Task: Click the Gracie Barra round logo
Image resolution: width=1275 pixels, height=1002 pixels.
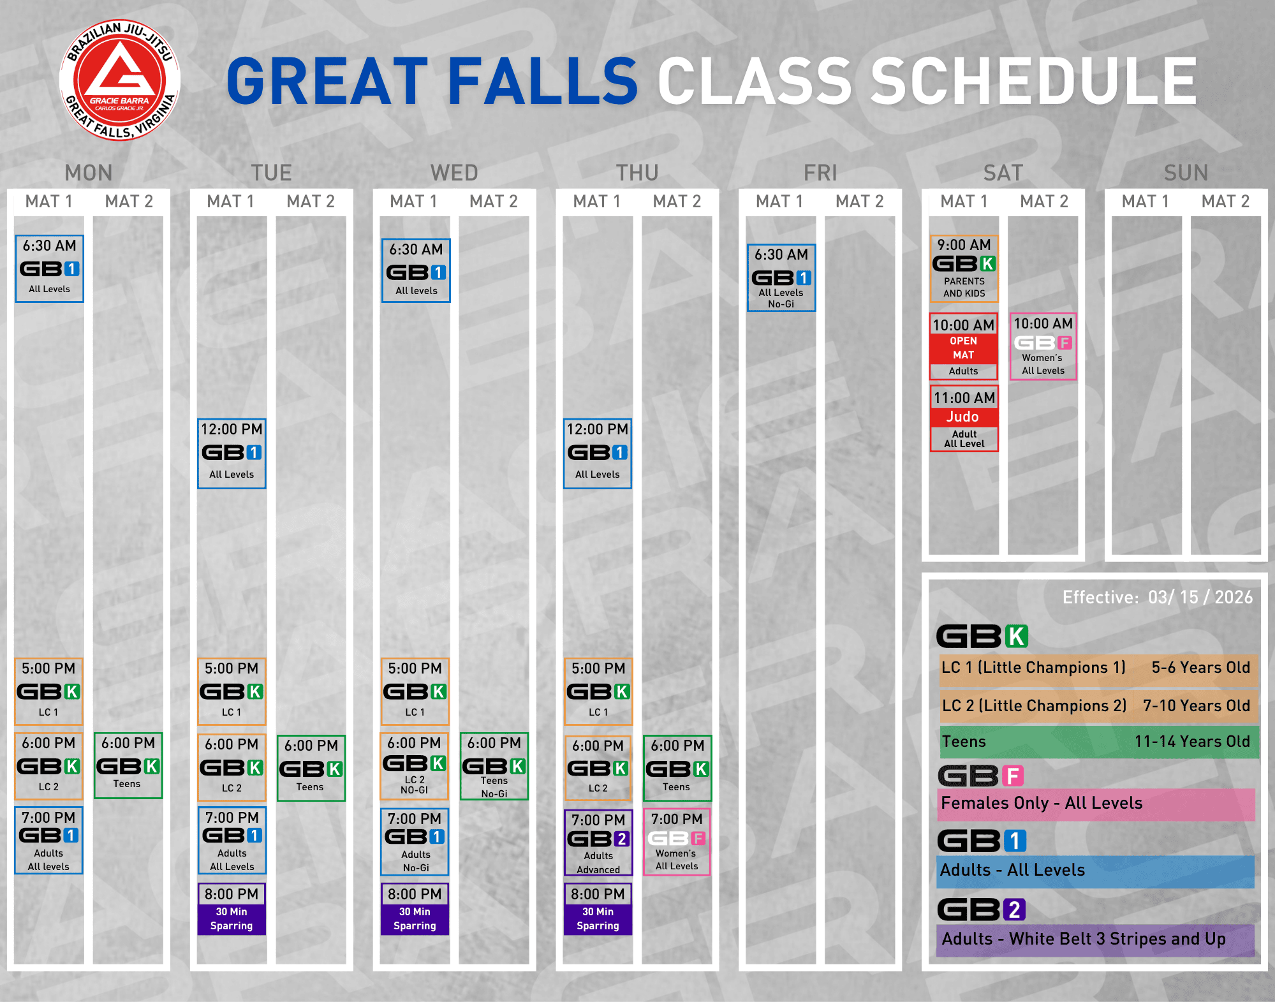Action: pos(120,80)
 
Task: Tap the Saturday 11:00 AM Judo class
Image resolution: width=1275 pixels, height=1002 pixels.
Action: pos(964,418)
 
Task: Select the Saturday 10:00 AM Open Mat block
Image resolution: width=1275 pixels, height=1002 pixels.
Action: pos(964,346)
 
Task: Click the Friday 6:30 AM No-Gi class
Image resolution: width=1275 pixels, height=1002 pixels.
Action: pos(781,277)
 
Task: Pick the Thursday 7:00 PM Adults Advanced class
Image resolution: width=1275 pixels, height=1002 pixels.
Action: pos(598,843)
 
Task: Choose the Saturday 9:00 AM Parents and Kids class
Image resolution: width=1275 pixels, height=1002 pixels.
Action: pos(964,269)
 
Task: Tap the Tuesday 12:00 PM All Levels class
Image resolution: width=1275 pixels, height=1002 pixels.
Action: pos(232,453)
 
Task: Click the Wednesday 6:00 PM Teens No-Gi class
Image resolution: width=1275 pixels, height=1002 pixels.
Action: pos(494,766)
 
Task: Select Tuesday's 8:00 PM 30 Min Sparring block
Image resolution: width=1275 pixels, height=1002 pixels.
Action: pos(232,909)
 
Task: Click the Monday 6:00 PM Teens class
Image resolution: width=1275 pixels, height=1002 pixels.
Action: pos(128,765)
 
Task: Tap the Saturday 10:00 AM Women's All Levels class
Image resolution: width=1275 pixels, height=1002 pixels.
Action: pos(1043,346)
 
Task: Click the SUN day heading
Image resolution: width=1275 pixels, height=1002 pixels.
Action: pos(1186,173)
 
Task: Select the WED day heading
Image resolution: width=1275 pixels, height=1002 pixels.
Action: pos(454,173)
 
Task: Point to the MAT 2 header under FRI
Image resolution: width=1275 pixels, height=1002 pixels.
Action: pos(860,202)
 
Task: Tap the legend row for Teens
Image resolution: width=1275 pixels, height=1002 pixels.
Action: pos(1099,742)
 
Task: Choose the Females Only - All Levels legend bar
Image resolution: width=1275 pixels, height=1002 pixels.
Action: pos(1096,804)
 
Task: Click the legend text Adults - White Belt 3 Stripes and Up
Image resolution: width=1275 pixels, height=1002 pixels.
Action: pos(1084,939)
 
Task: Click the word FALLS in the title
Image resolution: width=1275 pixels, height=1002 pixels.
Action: pos(542,80)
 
